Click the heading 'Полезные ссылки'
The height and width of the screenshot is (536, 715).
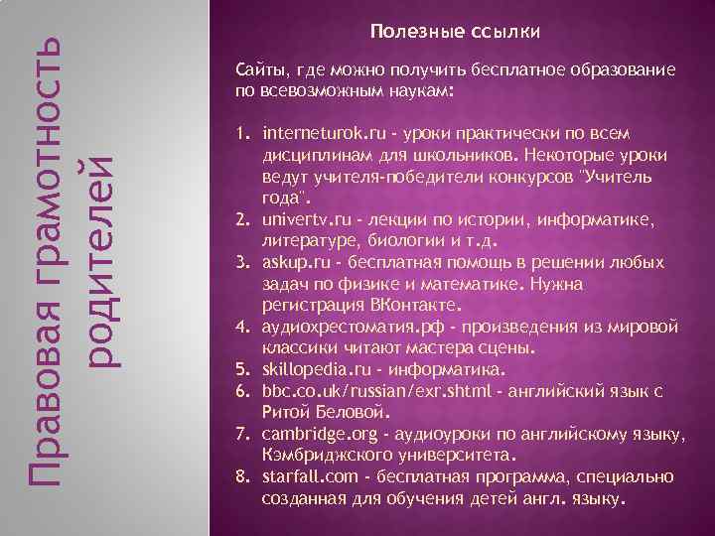click(456, 33)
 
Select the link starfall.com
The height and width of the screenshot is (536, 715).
click(305, 478)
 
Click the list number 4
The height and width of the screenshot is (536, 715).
click(240, 325)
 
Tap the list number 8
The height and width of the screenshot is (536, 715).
click(240, 478)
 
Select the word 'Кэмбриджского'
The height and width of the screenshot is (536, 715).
click(327, 456)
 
